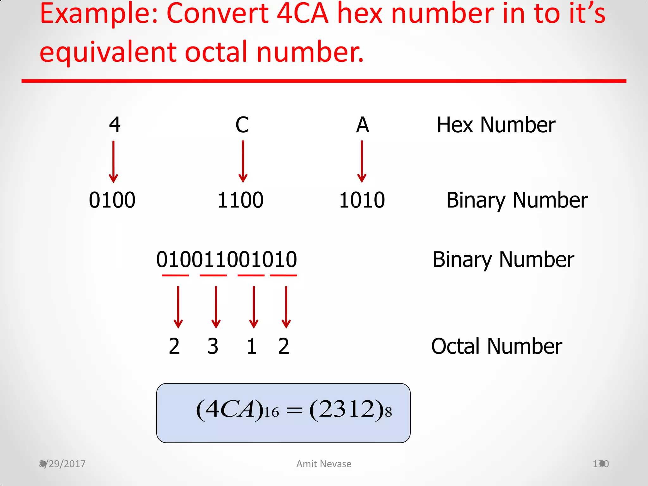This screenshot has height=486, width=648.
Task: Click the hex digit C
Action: (242, 125)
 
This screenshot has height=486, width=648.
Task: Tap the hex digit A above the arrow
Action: (363, 125)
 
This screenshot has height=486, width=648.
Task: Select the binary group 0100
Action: (112, 200)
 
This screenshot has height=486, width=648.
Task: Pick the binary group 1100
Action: (240, 200)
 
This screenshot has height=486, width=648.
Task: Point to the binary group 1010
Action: (362, 200)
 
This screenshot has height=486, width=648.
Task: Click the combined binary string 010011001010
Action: (227, 259)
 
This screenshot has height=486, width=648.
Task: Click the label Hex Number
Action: (496, 125)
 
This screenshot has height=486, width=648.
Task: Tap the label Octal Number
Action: (496, 346)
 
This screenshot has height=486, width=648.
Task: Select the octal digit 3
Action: (213, 346)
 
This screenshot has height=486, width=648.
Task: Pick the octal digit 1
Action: (252, 346)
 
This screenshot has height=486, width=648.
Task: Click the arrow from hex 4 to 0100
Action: (113, 161)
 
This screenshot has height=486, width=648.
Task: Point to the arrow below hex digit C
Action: (243, 161)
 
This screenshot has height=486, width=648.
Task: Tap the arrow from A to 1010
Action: (362, 161)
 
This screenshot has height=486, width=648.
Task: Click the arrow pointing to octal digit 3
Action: (216, 307)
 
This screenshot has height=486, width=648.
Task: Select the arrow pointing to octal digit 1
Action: (254, 307)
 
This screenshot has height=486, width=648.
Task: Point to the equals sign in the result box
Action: (294, 411)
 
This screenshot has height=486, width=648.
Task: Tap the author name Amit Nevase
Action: (324, 464)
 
